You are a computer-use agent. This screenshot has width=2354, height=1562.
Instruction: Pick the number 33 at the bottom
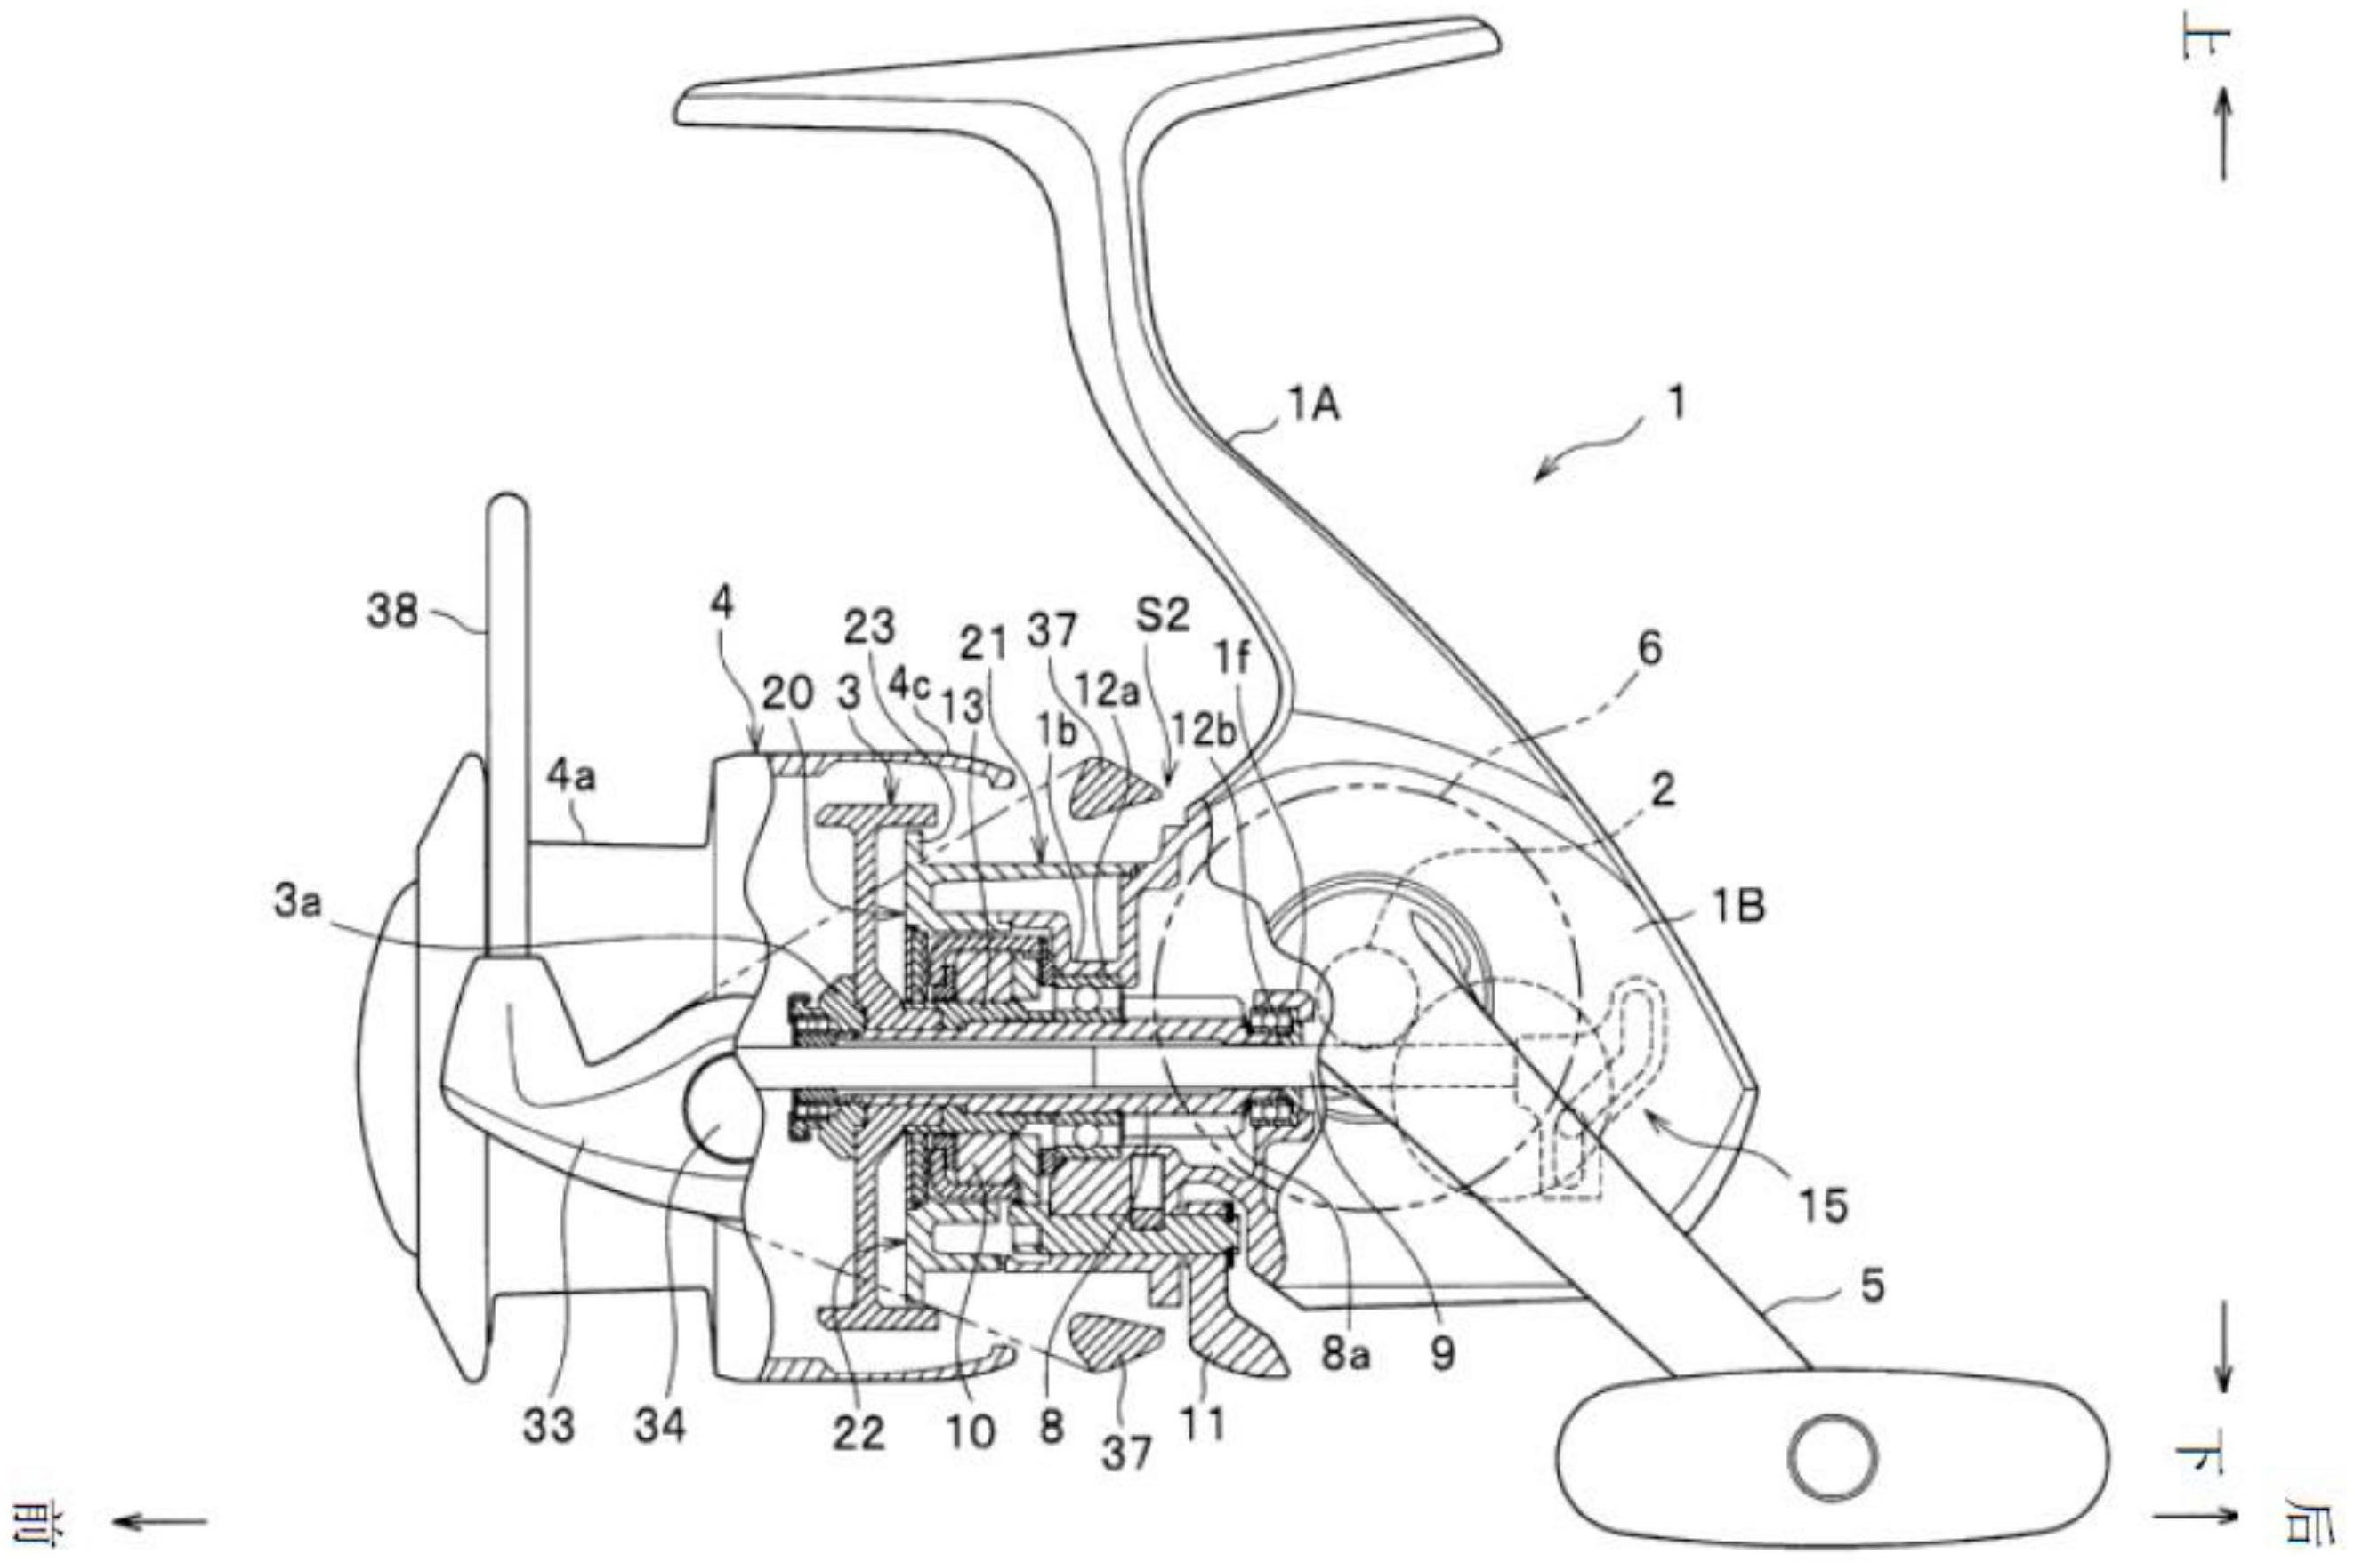[549, 1425]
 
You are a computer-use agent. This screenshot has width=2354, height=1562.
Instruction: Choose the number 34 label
[660, 1425]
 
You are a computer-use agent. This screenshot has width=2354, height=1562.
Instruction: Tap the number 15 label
[1825, 1206]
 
